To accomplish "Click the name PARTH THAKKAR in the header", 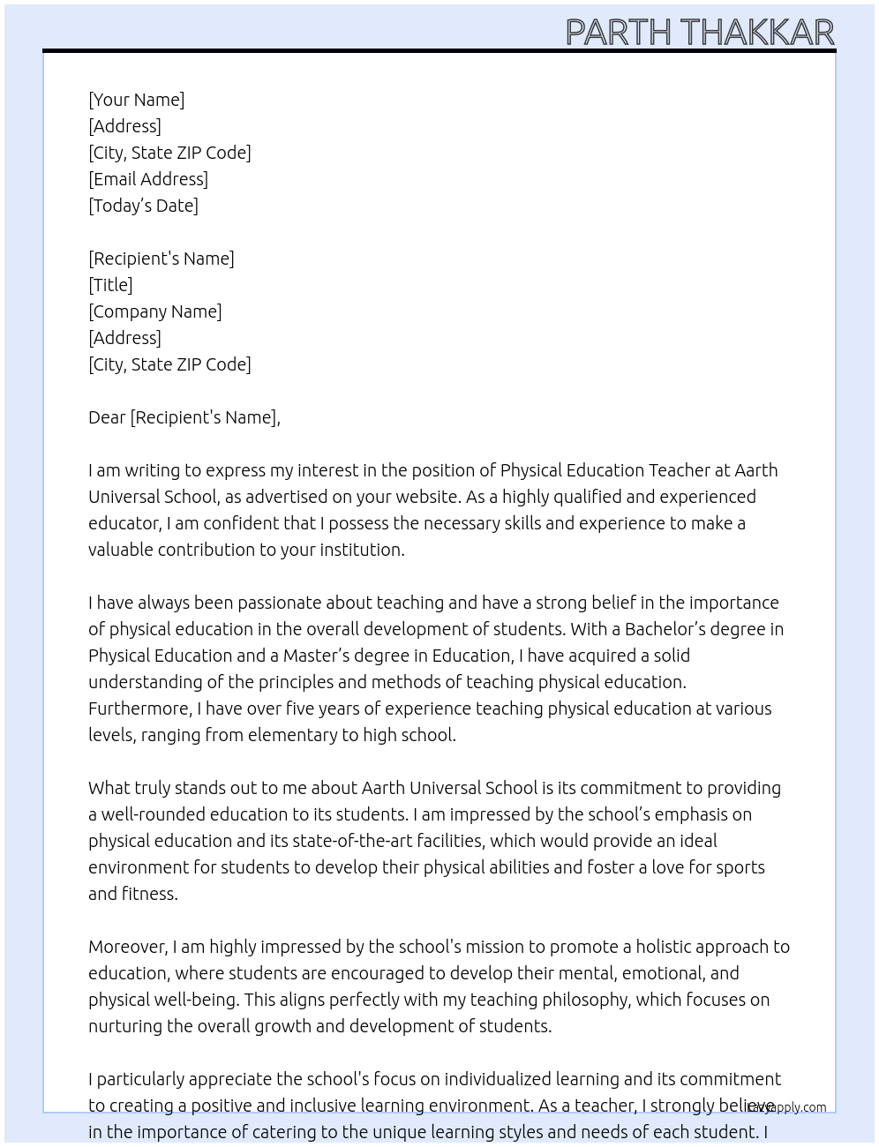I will tap(699, 32).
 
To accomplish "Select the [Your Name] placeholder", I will tap(137, 100).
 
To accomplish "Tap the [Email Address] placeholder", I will tap(148, 179).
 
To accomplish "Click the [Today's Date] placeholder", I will tap(143, 206).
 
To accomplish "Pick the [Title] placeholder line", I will tap(110, 285).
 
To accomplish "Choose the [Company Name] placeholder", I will tap(155, 311).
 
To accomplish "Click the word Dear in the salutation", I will tap(107, 417).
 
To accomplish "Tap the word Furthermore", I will tap(139, 708).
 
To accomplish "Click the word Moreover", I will tap(128, 947).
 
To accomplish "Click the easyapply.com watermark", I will tap(786, 1106).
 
